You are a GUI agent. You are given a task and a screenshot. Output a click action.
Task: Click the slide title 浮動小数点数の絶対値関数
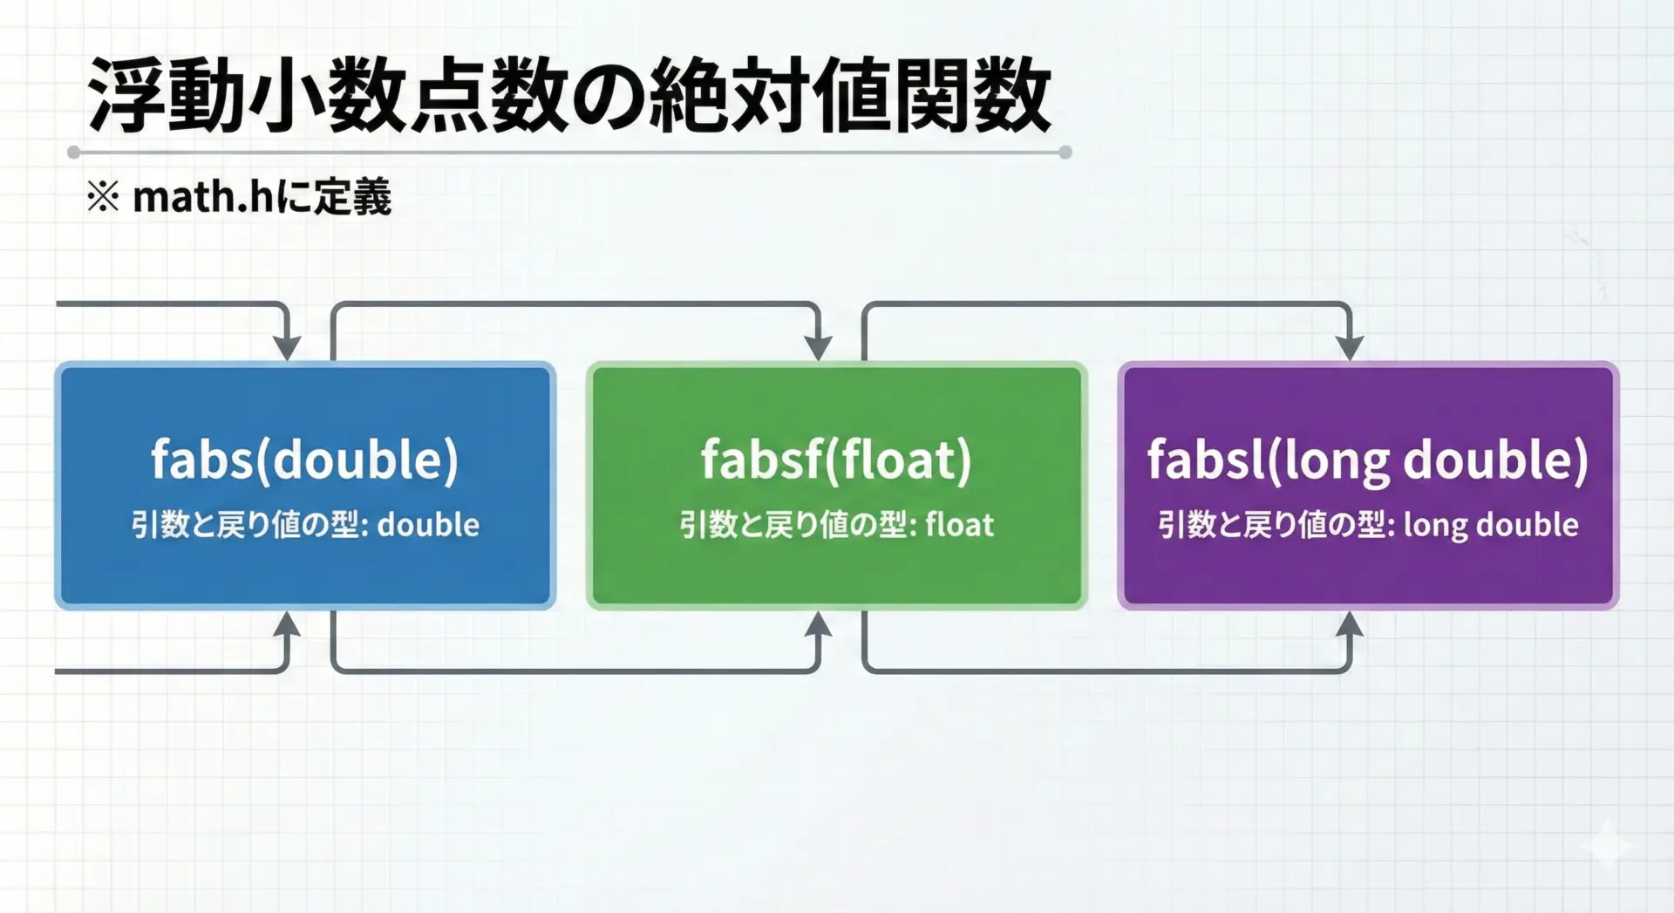(x=569, y=96)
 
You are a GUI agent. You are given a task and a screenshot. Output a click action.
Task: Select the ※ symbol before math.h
(x=103, y=197)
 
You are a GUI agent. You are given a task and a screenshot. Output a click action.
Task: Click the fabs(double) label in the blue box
(x=304, y=460)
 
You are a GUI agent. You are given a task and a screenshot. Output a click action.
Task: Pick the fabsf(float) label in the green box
(x=836, y=460)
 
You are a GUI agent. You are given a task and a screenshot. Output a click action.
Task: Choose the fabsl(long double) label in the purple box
(x=1367, y=460)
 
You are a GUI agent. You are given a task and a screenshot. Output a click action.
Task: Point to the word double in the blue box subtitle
(x=428, y=525)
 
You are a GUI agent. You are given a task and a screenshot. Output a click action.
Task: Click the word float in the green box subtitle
(x=960, y=525)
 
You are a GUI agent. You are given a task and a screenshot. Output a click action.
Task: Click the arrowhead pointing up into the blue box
(x=286, y=624)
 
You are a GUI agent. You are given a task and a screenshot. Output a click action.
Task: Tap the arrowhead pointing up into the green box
(x=818, y=624)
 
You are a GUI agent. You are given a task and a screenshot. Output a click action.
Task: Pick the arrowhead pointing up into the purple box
(x=1350, y=624)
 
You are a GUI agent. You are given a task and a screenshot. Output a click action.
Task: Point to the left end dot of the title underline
(x=74, y=153)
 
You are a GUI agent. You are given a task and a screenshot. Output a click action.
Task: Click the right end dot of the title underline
(x=1065, y=153)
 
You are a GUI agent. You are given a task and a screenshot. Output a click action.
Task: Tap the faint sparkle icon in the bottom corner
(x=1609, y=845)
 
